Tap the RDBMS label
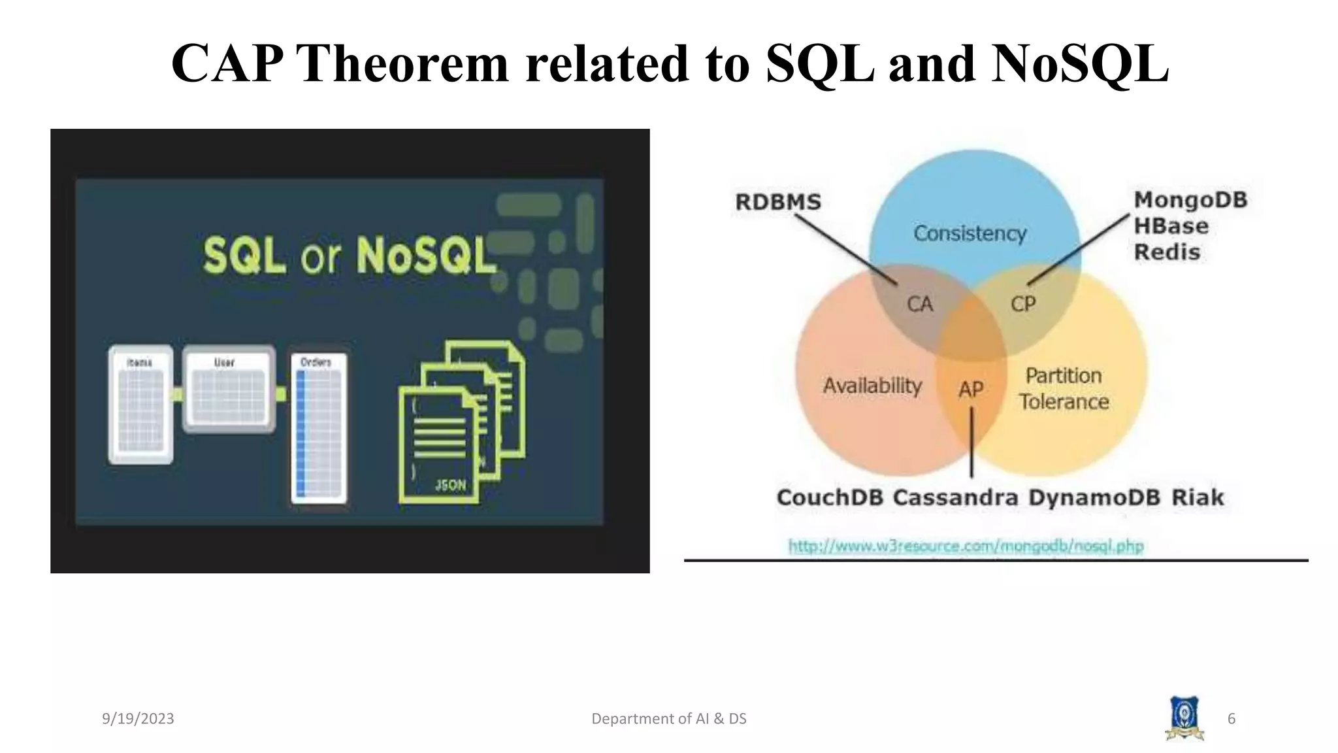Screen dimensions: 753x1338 click(x=777, y=202)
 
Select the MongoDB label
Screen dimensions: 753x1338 click(x=1190, y=200)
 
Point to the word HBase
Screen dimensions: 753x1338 click(x=1171, y=226)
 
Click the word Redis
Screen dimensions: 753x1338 click(x=1167, y=252)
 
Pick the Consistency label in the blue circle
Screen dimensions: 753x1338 click(x=970, y=233)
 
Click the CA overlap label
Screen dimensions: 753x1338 click(x=919, y=304)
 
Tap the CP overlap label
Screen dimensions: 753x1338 click(x=1023, y=304)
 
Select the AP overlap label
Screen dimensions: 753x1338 click(x=971, y=390)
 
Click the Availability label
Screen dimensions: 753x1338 click(x=872, y=386)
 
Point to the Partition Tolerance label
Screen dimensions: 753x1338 click(x=1064, y=388)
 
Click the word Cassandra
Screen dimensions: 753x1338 click(x=955, y=497)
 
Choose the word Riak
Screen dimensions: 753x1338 click(x=1197, y=497)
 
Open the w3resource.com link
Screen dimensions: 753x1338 click(x=966, y=546)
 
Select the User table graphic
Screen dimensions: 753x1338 click(x=228, y=390)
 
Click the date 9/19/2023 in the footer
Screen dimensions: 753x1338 click(x=138, y=719)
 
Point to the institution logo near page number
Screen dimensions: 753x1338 click(x=1184, y=718)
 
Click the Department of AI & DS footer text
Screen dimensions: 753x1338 click(x=668, y=719)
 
